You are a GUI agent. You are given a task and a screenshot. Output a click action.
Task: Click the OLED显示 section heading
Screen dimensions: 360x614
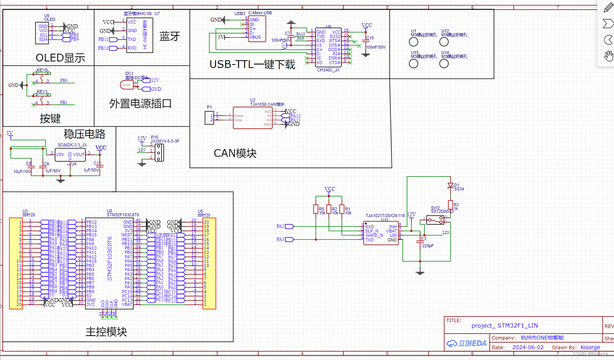pos(60,58)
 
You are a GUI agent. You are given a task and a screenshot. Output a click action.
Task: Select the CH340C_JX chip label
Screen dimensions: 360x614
pos(328,70)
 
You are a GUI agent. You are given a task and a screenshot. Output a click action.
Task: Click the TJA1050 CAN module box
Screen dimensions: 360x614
pos(253,118)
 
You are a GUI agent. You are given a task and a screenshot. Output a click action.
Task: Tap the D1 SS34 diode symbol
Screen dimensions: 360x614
pos(450,186)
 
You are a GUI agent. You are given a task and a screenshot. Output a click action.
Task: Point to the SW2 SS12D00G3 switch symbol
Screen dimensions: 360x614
pos(436,220)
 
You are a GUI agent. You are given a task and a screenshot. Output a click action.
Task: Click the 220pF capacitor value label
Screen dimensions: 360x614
pos(428,246)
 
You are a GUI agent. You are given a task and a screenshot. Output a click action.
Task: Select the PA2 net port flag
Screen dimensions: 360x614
pos(289,226)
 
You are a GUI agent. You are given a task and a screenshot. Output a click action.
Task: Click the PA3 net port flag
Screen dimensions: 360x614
pos(289,239)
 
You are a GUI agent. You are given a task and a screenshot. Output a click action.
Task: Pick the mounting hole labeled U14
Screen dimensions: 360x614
pos(444,64)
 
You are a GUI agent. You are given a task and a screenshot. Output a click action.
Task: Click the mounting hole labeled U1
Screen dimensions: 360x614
pos(414,42)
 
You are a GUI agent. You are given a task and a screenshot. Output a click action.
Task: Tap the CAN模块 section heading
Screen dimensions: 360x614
pos(235,153)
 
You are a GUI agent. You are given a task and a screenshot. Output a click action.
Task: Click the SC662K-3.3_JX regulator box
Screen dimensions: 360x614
pos(70,155)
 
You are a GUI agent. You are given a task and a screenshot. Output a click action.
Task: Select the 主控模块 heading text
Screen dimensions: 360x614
pos(106,332)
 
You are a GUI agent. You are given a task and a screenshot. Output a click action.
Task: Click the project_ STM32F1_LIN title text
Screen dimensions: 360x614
pos(504,326)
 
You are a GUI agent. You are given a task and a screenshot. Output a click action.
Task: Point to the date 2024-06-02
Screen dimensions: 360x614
pos(527,347)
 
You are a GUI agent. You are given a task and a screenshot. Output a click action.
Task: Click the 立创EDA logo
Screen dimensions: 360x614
pos(467,343)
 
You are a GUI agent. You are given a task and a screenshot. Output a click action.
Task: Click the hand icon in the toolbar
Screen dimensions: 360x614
pos(608,56)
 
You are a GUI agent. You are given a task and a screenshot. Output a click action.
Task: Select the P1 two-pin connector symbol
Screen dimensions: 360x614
pos(209,118)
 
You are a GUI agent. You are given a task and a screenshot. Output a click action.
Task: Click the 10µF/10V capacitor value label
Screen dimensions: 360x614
pos(22,172)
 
